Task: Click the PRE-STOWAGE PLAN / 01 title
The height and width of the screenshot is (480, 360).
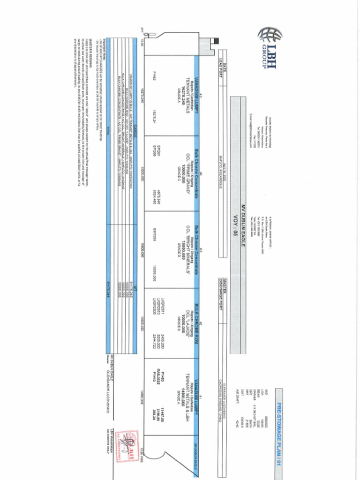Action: pyautogui.click(x=278, y=427)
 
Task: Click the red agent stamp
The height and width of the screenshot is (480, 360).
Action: pyautogui.click(x=126, y=442)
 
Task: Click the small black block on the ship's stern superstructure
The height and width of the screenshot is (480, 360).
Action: pyautogui.click(x=216, y=41)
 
